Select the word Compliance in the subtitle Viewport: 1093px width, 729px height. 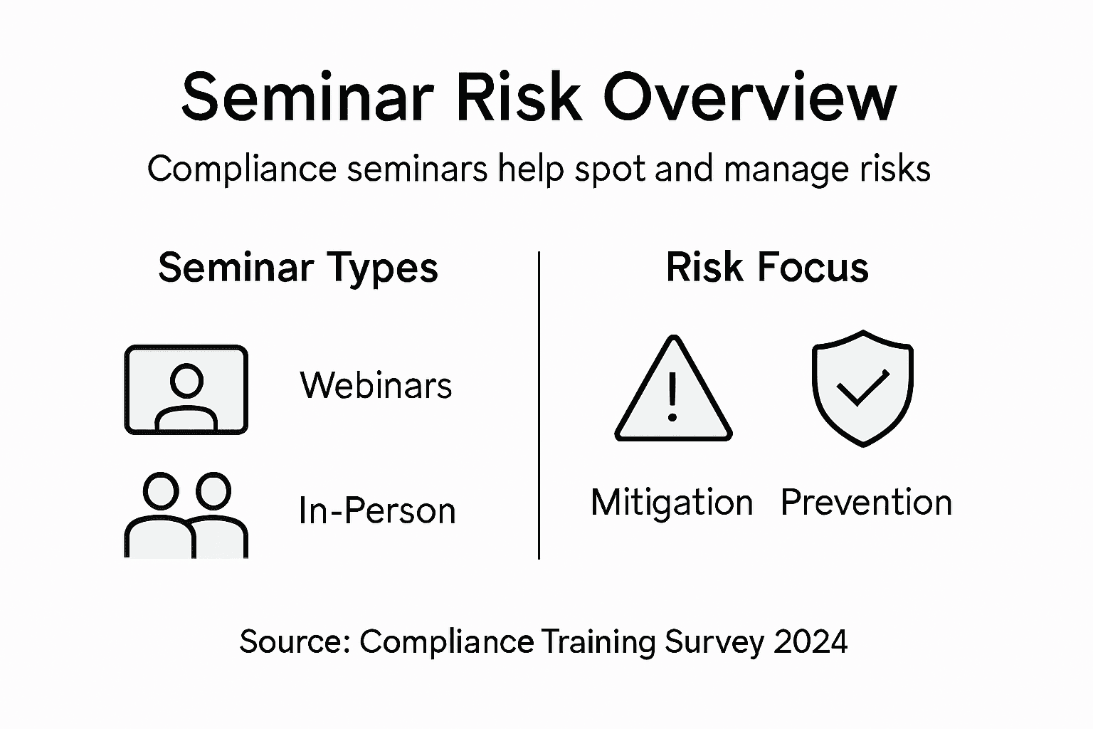241,169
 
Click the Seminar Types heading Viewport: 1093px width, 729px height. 297,268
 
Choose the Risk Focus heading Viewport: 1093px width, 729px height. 767,268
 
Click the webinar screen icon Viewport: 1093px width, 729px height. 186,389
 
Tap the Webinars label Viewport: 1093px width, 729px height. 376,385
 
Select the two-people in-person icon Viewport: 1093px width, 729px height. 186,514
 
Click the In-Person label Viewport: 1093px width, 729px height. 376,510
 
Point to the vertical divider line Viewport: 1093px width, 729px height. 539,406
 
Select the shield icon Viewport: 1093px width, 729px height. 862,388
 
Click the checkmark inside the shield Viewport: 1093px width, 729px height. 862,387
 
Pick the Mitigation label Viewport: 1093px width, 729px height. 672,502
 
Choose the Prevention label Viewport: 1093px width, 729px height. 866,502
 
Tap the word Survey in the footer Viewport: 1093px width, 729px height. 714,642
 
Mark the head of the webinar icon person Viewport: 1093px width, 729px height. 187,381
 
